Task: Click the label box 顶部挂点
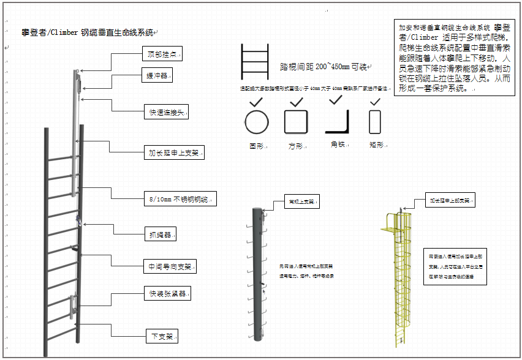[x=162, y=54]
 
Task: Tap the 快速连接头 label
[x=166, y=112]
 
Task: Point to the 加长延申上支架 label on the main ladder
[x=176, y=152]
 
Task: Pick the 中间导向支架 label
[x=171, y=267]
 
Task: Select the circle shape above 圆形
[x=257, y=122]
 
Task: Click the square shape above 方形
[x=296, y=122]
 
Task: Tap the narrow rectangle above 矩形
[x=374, y=122]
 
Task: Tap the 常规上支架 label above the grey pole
[x=302, y=201]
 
